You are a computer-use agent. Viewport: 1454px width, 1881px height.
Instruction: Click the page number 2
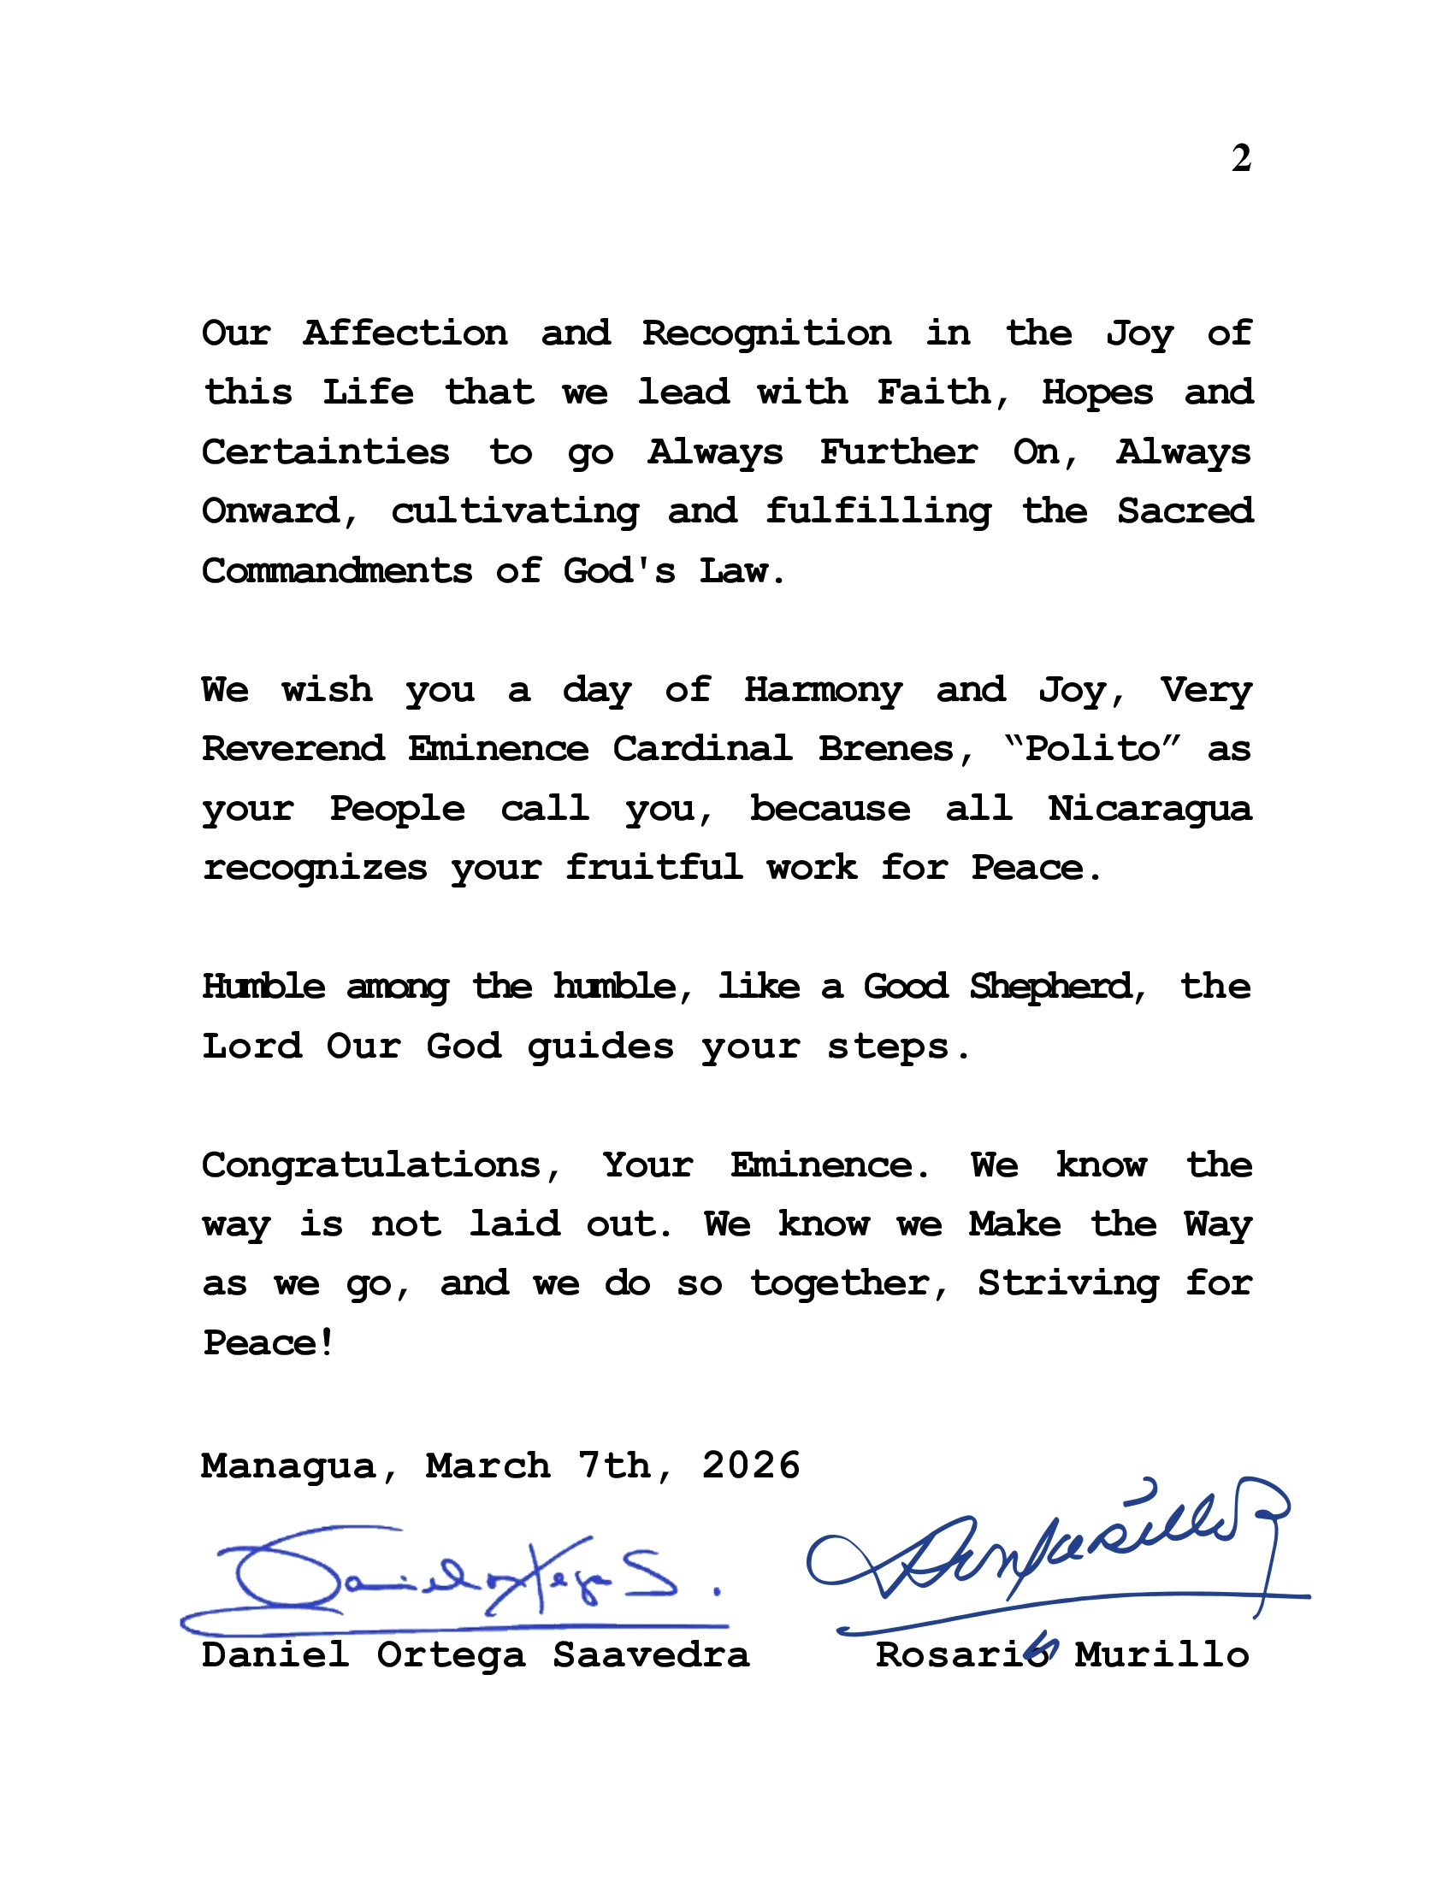coord(1240,158)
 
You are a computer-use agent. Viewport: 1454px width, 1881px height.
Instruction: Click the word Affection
coord(405,333)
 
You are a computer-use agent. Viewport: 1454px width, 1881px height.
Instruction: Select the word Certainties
coord(326,452)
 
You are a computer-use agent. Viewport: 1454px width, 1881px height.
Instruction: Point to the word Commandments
coord(337,571)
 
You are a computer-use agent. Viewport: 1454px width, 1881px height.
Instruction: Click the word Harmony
coord(824,691)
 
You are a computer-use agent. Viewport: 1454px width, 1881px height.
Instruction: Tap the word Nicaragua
coord(1149,809)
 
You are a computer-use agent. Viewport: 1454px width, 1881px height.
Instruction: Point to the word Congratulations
coord(372,1166)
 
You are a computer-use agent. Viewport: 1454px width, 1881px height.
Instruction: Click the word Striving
coord(1068,1284)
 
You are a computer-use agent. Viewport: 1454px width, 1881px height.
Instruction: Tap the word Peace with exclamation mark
coord(268,1342)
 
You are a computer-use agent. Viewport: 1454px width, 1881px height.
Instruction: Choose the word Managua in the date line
coord(289,1465)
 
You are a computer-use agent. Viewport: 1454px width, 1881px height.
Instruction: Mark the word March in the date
coord(488,1465)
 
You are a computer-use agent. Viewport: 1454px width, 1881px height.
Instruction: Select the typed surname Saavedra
coord(651,1655)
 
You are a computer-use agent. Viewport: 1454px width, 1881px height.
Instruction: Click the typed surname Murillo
coord(1162,1655)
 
